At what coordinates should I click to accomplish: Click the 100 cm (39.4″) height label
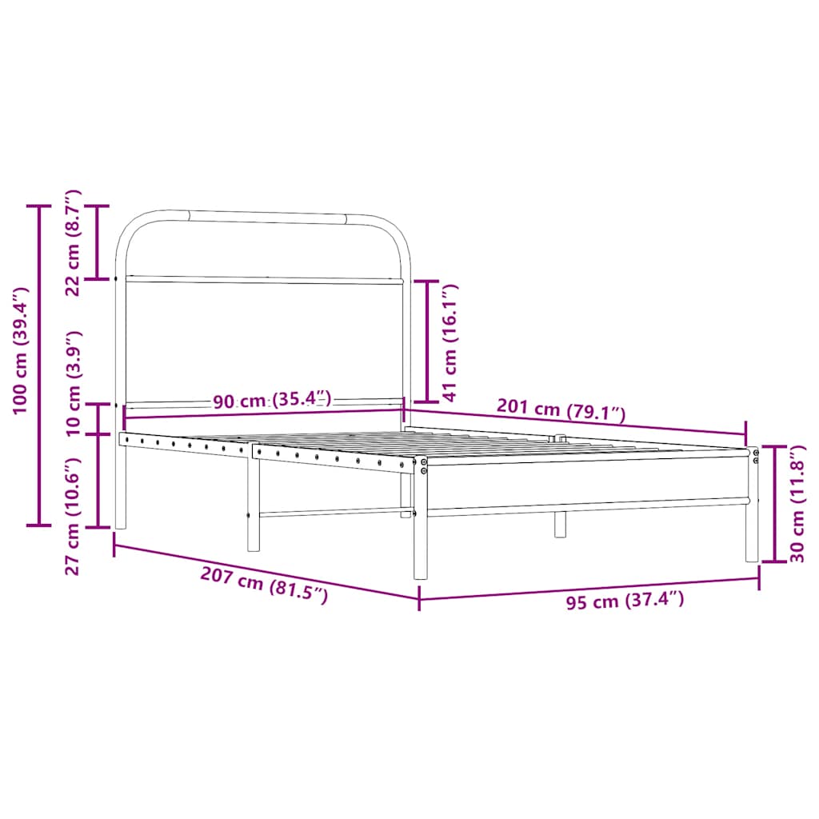click(21, 351)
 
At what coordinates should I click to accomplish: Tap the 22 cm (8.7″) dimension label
click(73, 243)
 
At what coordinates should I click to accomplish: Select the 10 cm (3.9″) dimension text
click(73, 383)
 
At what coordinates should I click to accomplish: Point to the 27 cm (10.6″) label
click(73, 517)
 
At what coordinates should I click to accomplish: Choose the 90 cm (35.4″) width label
click(272, 400)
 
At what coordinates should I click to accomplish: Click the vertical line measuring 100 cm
click(38, 366)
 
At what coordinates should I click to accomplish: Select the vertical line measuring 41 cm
click(427, 341)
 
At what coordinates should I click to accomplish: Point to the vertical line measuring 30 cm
click(774, 504)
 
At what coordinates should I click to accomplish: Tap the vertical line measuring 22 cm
click(98, 242)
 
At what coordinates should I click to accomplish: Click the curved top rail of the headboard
click(264, 214)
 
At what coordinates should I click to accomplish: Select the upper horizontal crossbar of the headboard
click(264, 280)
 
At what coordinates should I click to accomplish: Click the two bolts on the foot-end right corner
click(756, 456)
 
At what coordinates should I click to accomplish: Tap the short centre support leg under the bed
click(560, 523)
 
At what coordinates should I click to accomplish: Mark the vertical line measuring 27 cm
click(98, 481)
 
